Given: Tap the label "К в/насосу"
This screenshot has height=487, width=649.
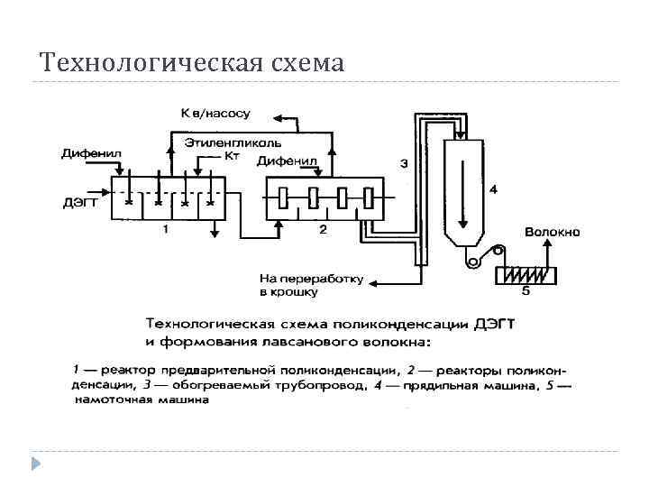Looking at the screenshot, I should pos(216,115).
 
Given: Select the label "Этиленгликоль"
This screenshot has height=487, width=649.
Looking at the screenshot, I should pos(233,142).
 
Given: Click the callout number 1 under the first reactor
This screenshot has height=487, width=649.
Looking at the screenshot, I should pos(165,229).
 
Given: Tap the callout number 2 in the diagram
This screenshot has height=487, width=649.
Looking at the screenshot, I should pos(323,229).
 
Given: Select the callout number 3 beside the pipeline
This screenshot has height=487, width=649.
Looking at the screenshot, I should pos(403,163).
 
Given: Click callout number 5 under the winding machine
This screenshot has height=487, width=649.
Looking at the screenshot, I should pos(526,291).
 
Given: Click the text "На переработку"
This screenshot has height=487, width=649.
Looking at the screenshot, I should pos(311,279).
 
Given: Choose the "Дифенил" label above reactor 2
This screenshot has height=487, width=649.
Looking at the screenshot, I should pos(287,161).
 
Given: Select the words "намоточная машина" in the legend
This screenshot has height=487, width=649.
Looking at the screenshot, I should pos(144,400).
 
